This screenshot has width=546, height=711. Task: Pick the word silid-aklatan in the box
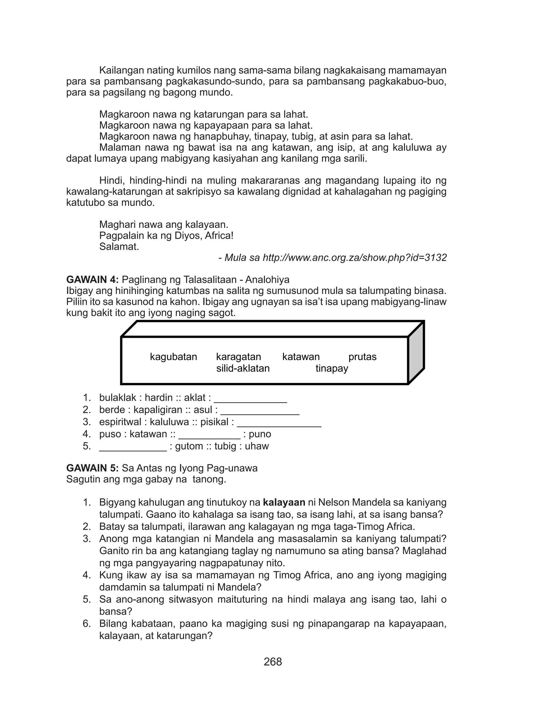click(243, 368)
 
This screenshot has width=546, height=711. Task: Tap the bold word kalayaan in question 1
click(284, 503)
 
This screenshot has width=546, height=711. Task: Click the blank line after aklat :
click(250, 401)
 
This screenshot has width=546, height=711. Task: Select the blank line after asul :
click(260, 413)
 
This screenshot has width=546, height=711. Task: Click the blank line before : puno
click(209, 437)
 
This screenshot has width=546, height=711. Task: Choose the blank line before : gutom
click(133, 449)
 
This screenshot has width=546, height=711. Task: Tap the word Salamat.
click(119, 247)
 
